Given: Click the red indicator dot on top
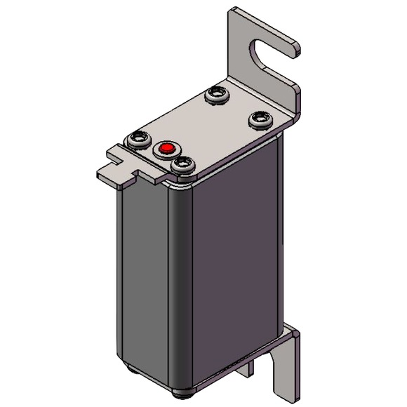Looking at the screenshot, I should (166, 149).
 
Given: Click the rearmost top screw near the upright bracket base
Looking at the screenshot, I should (216, 95).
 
